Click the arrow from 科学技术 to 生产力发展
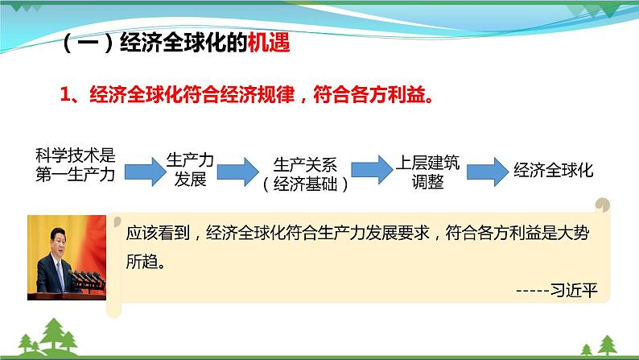142,170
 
